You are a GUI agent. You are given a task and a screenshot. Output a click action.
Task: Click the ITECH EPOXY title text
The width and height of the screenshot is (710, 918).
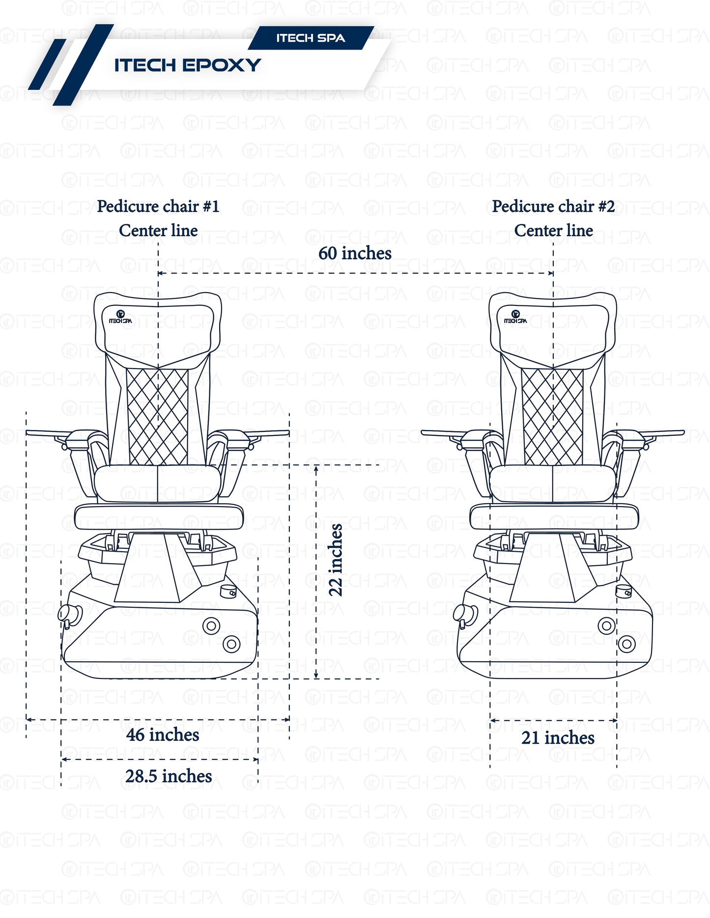pos(187,65)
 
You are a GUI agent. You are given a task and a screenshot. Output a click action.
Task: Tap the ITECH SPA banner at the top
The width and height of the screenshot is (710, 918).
pos(311,38)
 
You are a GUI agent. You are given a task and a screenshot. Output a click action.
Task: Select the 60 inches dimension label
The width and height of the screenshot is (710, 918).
pos(355,253)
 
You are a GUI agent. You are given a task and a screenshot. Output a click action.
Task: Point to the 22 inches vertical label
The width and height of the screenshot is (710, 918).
pos(336,560)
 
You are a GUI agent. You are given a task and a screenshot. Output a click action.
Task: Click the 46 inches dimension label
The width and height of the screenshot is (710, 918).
pos(163,735)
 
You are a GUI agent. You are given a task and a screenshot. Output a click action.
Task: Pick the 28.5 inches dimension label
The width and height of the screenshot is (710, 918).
pos(169,776)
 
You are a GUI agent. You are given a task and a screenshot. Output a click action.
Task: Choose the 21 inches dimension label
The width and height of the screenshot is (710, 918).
pos(558,738)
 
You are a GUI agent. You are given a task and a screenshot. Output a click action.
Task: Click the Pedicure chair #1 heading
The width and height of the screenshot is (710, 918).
pos(158,206)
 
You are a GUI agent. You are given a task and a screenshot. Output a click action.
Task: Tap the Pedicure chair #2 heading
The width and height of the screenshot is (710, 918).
pos(553,206)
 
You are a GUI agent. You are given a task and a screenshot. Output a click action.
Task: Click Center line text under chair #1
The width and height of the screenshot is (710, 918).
pos(158,230)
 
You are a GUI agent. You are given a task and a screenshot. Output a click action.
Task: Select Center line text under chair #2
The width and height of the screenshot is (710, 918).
pos(553,230)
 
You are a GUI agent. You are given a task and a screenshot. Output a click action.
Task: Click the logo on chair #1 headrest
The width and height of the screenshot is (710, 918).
pos(120,317)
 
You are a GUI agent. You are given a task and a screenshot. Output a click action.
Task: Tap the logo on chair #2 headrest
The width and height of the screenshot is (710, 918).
pos(515,317)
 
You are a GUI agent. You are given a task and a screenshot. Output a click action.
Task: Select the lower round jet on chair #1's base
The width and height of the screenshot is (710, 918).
pos(231,644)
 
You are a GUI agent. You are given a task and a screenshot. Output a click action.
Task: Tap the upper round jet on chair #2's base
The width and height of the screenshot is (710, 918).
pos(606,626)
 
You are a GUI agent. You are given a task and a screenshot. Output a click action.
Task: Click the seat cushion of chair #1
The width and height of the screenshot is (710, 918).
pos(157,484)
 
